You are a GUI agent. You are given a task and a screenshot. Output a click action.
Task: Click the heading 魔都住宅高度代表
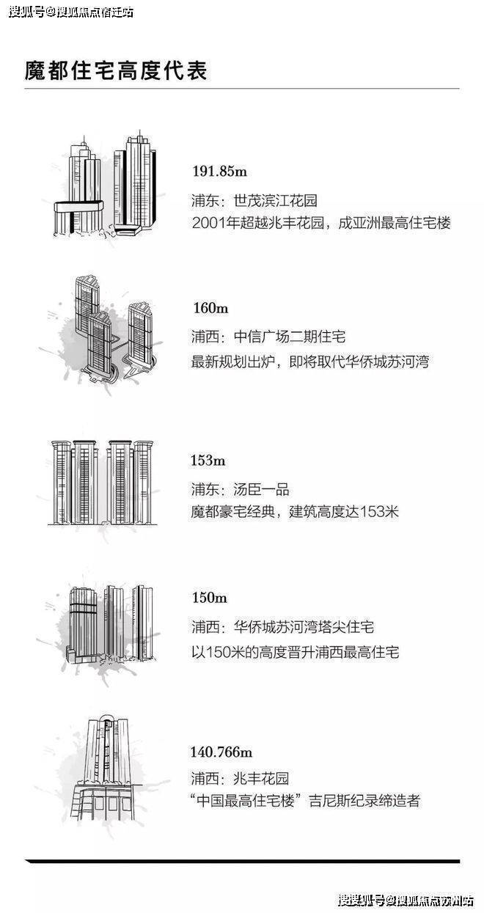click(x=116, y=70)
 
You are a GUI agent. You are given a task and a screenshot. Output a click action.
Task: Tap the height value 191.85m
click(x=220, y=171)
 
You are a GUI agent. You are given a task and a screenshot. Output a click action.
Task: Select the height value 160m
click(x=210, y=308)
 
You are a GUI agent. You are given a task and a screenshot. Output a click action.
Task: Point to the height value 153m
click(x=208, y=461)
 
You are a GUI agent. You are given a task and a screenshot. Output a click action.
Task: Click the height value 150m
click(x=210, y=598)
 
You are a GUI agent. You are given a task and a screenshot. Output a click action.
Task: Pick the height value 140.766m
click(x=221, y=752)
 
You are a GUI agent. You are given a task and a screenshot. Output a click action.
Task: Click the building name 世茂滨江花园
click(x=275, y=200)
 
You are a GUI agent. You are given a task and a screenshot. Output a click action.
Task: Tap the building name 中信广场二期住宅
click(x=290, y=337)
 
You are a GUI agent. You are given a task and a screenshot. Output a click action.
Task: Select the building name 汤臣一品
click(x=261, y=489)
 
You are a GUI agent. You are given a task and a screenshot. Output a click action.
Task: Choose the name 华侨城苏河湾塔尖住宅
click(x=304, y=627)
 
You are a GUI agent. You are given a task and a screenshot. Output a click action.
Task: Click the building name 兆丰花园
click(x=261, y=778)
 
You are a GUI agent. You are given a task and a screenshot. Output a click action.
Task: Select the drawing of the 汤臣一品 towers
click(x=102, y=483)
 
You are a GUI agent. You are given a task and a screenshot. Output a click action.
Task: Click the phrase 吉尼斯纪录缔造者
click(x=364, y=801)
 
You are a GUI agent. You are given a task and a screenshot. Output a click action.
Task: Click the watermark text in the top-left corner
click(x=71, y=12)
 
